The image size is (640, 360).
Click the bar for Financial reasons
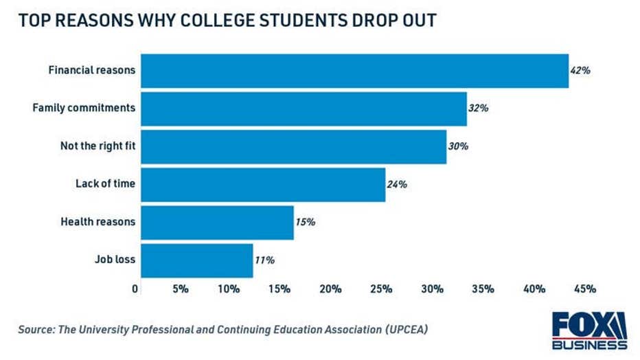pos(354,71)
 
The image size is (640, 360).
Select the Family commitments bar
pos(304,109)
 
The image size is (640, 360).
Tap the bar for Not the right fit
pos(293,146)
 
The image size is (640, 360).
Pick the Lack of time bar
pos(263,184)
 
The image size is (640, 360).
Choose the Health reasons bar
pos(217,222)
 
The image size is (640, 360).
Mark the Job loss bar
pos(196,260)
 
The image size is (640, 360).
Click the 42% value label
pos(580,71)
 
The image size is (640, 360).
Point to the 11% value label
pos(264,260)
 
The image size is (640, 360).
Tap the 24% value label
pos(397,184)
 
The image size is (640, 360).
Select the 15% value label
pos(306,222)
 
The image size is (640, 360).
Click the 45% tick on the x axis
pos(584,289)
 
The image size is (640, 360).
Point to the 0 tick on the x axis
pos(135,289)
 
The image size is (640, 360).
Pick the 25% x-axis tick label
pos(381,289)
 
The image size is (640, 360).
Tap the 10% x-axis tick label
pos(229,289)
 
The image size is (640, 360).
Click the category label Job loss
pos(115,260)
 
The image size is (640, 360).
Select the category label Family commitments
pos(84,109)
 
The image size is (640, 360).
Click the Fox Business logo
pos(589,330)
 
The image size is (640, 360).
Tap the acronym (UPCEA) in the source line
pos(403,329)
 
